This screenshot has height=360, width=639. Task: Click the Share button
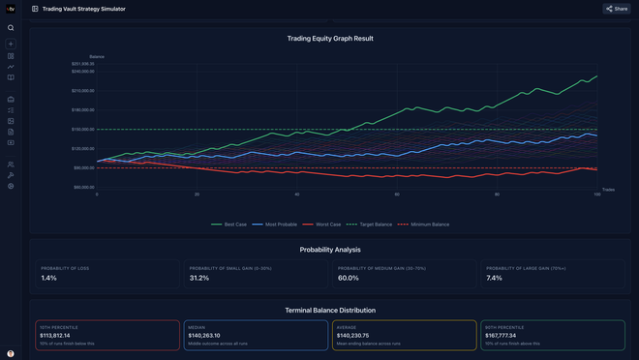pyautogui.click(x=617, y=9)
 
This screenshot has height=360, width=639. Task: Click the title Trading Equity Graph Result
pyautogui.click(x=330, y=39)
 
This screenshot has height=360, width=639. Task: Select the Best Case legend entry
pyautogui.click(x=229, y=225)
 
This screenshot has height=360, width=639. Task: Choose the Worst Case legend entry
pyautogui.click(x=322, y=225)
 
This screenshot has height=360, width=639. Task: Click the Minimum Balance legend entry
pyautogui.click(x=423, y=225)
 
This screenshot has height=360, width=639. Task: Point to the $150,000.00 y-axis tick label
pyautogui.click(x=82, y=130)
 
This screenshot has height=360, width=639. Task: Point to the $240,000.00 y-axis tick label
pyautogui.click(x=82, y=72)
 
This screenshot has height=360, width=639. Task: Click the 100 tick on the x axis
pyautogui.click(x=596, y=195)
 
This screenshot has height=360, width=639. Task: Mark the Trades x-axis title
pyautogui.click(x=608, y=190)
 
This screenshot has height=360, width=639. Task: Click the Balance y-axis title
pyautogui.click(x=97, y=57)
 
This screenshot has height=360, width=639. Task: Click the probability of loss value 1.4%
pyautogui.click(x=49, y=278)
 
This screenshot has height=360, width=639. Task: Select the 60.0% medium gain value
pyautogui.click(x=348, y=278)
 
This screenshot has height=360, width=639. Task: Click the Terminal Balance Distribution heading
pyautogui.click(x=330, y=310)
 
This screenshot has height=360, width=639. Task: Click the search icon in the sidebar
pyautogui.click(x=11, y=28)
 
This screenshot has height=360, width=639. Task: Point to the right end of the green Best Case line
pyautogui.click(x=597, y=75)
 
